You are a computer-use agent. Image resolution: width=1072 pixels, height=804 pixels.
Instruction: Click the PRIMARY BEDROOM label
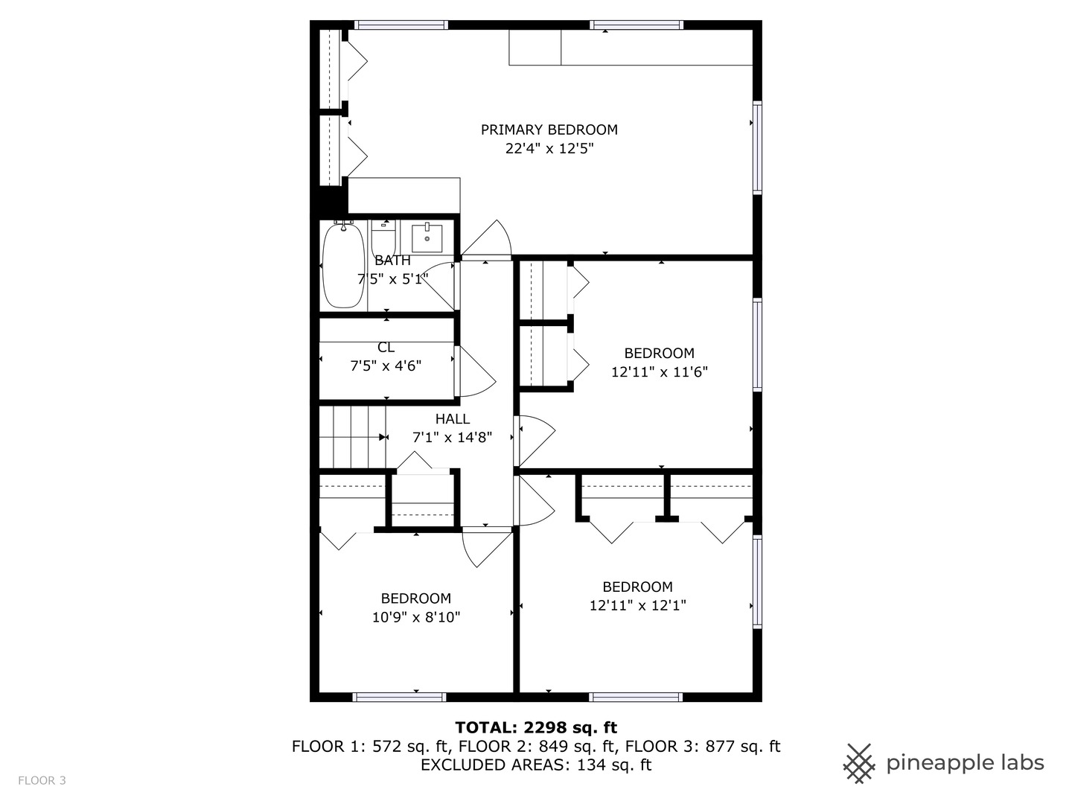click(x=549, y=130)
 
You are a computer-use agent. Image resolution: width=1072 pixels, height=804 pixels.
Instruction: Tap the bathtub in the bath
click(x=343, y=265)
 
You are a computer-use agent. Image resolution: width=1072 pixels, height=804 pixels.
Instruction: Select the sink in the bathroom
click(x=427, y=237)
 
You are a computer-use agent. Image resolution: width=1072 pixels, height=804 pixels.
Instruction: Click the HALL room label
click(x=452, y=419)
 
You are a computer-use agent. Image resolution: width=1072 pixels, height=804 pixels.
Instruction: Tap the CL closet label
click(x=386, y=348)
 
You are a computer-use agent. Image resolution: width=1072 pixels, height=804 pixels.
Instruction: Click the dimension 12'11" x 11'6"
click(x=659, y=372)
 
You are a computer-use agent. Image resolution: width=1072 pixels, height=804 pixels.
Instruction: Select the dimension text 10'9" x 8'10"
click(x=416, y=617)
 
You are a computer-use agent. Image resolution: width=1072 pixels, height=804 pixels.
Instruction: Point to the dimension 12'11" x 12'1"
click(x=637, y=605)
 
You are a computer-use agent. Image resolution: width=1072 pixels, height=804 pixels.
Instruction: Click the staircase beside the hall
click(x=352, y=437)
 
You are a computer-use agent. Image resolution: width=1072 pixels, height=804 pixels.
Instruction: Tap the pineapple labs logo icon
click(x=858, y=763)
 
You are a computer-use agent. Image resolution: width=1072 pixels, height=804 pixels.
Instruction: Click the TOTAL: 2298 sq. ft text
click(x=536, y=727)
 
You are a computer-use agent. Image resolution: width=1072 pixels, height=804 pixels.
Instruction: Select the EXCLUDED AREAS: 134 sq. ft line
click(x=536, y=765)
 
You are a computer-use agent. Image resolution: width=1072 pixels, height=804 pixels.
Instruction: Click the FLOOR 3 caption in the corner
click(x=42, y=780)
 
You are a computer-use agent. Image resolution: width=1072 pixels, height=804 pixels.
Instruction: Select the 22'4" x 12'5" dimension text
click(x=549, y=148)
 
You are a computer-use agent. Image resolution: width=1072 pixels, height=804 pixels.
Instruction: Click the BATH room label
click(x=392, y=261)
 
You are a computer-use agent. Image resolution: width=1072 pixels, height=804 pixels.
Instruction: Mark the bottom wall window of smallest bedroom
click(x=399, y=697)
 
